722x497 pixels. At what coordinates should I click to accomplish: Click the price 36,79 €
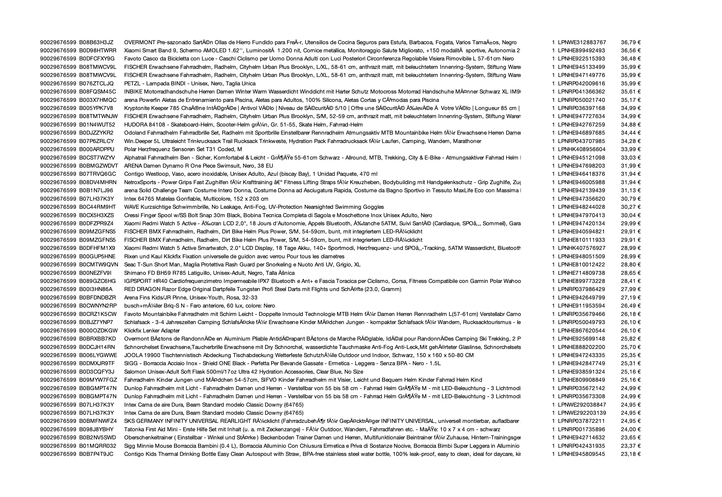pyautogui.click(x=630, y=42)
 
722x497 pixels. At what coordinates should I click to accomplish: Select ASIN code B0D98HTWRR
pyautogui.click(x=97, y=50)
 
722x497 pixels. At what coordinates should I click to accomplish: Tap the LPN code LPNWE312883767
pyautogui.click(x=582, y=42)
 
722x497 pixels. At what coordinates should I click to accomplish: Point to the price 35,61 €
pyautogui.click(x=630, y=92)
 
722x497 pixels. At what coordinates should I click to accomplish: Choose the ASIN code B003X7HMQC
pyautogui.click(x=97, y=100)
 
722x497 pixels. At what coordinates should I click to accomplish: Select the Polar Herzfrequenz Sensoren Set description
pyautogui.click(x=183, y=149)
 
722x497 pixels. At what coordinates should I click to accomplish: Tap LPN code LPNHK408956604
pyautogui.click(x=582, y=149)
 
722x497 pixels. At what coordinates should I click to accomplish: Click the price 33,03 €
pyautogui.click(x=630, y=158)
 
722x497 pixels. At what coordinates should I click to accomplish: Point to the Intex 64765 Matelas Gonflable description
pyautogui.click(x=196, y=199)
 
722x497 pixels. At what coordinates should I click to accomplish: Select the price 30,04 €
pyautogui.click(x=630, y=215)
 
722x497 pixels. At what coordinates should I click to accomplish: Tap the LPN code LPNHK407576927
pyautogui.click(x=582, y=248)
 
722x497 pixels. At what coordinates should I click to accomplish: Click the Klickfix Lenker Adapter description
pyautogui.click(x=152, y=331)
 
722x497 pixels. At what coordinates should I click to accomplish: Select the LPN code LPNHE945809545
pyautogui.click(x=581, y=454)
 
